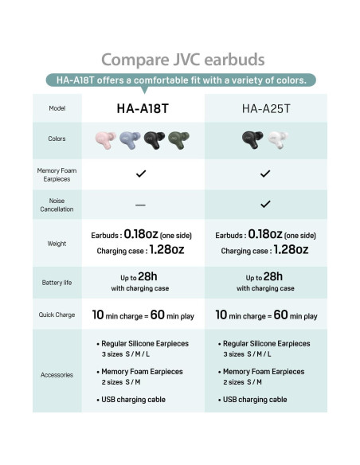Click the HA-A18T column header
pos(140,108)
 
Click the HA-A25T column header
pos(265,108)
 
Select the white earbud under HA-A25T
pos(277,140)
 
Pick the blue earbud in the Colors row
pos(129,140)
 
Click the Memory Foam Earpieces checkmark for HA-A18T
pos(140,174)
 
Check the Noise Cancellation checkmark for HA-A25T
pos(265,204)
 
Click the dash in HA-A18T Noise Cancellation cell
pos(140,205)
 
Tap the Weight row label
pos(57,243)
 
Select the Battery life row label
pos(57,283)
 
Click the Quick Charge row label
pos(57,315)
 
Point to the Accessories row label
pos(57,374)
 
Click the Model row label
pos(57,108)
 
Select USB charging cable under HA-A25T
pos(255,400)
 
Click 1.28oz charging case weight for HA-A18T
pos(168,250)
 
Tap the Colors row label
pos(57,139)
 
